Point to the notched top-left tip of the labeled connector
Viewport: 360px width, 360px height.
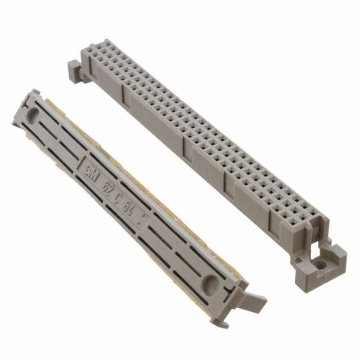click(35, 93)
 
